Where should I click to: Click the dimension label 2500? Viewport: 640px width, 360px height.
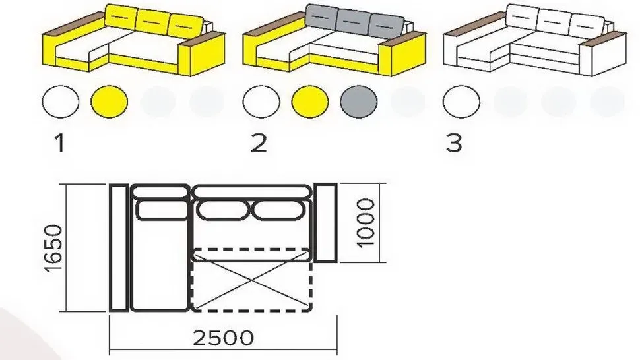tap(223, 338)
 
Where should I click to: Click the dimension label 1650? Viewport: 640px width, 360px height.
tap(53, 247)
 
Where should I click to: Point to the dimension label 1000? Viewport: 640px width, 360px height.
tap(366, 223)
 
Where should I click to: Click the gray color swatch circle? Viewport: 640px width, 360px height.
tap(359, 102)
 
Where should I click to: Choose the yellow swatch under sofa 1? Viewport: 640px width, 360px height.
tap(109, 102)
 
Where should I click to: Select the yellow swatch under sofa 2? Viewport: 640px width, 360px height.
tap(310, 102)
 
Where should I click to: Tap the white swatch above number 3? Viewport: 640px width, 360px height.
tap(461, 102)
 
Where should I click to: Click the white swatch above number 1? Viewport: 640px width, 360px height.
tap(61, 102)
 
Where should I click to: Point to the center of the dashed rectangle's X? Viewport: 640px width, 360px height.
tap(251, 280)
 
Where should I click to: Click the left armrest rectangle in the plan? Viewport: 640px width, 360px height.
tap(119, 247)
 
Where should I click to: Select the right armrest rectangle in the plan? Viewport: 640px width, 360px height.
tap(326, 223)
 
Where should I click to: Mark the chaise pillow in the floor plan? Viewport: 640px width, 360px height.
tap(163, 210)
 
